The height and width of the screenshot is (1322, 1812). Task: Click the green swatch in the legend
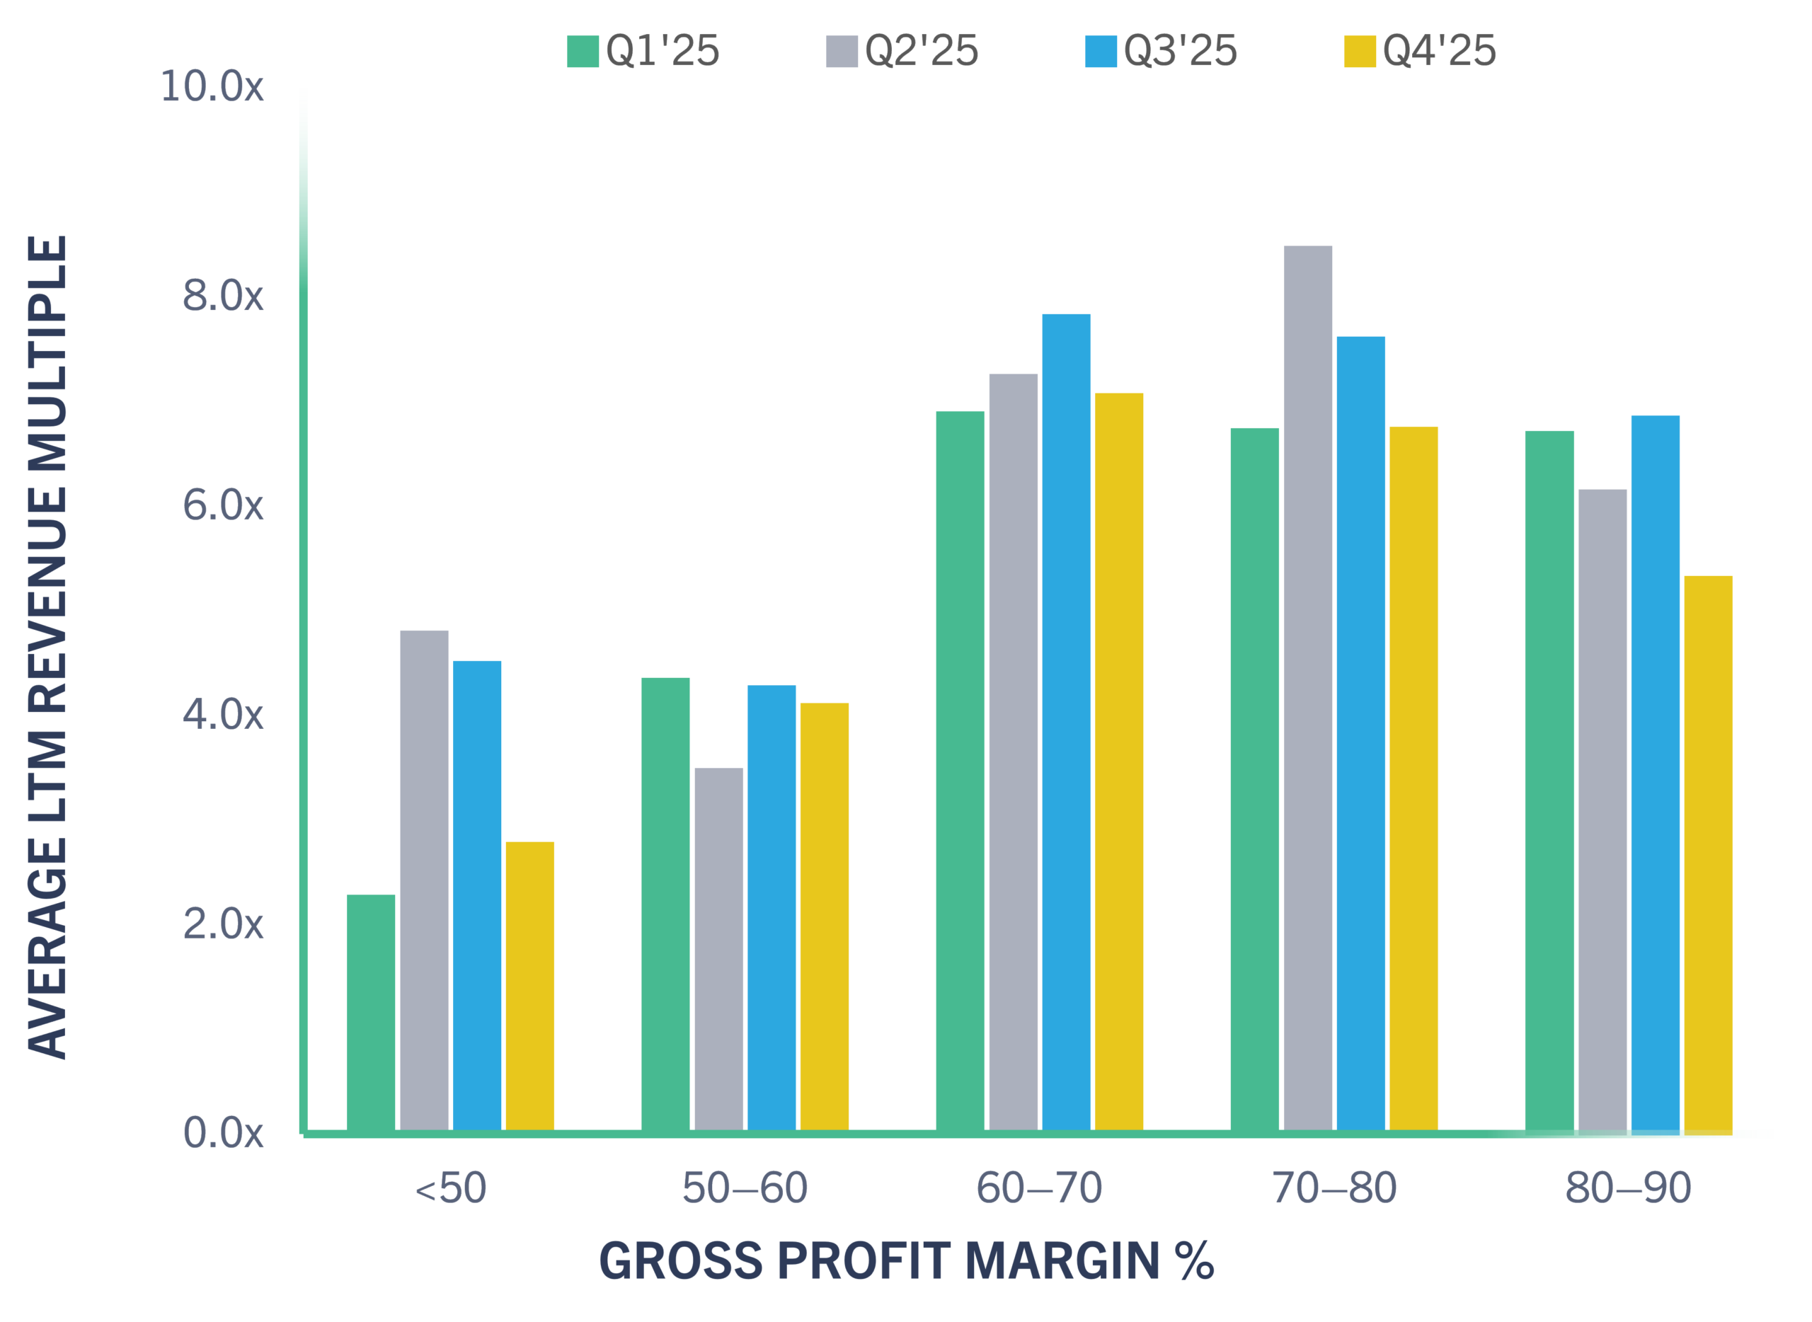click(583, 51)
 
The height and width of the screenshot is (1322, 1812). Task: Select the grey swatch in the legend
click(842, 51)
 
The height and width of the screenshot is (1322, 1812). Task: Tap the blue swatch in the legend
click(1101, 51)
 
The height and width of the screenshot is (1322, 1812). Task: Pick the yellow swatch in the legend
click(1360, 51)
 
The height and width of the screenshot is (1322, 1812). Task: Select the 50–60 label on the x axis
click(745, 1188)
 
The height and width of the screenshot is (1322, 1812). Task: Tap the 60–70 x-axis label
click(1040, 1188)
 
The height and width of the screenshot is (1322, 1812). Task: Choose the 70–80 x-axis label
click(1334, 1188)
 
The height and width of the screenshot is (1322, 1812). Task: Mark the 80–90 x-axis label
click(1629, 1188)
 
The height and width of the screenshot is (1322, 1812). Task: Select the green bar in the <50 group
click(372, 1012)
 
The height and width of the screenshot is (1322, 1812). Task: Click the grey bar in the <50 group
click(424, 880)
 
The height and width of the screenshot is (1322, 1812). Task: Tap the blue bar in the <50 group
click(477, 895)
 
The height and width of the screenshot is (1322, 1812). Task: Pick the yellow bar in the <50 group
click(530, 986)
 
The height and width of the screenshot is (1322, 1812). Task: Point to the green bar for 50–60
click(666, 904)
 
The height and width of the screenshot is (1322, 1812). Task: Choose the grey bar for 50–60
click(718, 949)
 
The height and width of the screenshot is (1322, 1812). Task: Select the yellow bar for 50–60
click(825, 916)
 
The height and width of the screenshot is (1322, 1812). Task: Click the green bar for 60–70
click(961, 771)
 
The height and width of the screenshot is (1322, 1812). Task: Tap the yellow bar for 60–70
click(1119, 761)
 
